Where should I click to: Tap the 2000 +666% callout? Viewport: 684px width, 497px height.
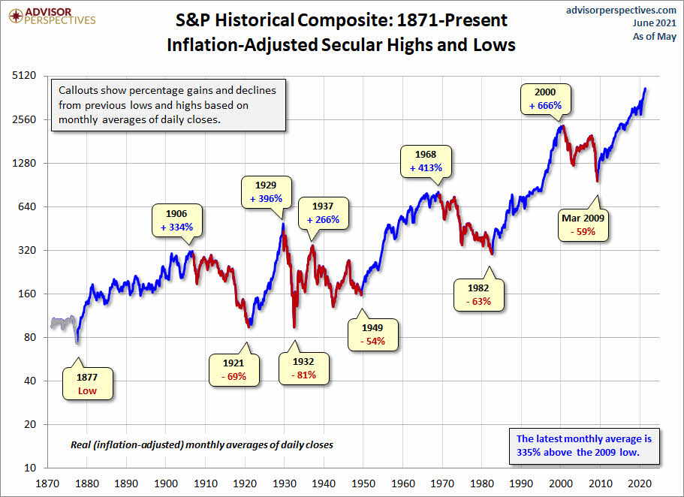544,98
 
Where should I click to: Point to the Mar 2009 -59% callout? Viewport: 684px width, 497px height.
583,224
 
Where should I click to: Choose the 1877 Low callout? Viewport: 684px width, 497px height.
88,384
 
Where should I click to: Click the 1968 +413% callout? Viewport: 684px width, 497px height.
426,161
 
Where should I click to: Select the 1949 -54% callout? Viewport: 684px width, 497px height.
372,333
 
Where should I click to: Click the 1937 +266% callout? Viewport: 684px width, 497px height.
323,212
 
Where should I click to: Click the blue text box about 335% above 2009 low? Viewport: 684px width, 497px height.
584,445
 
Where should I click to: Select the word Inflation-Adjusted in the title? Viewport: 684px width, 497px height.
232,44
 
